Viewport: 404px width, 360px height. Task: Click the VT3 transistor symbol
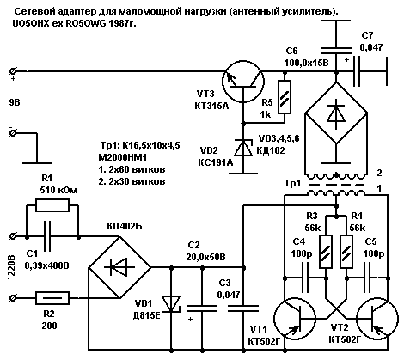tap(243, 82)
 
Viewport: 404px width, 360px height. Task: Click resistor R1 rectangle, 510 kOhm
tap(52, 205)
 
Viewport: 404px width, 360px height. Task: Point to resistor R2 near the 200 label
tap(52, 298)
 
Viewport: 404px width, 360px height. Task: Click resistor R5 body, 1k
tap(285, 97)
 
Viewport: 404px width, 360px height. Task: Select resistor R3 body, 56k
tap(326, 252)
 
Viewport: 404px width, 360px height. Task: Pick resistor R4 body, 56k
tap(346, 252)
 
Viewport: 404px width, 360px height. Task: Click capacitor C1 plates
tap(47, 237)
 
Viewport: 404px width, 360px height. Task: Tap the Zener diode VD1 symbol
tap(171, 304)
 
